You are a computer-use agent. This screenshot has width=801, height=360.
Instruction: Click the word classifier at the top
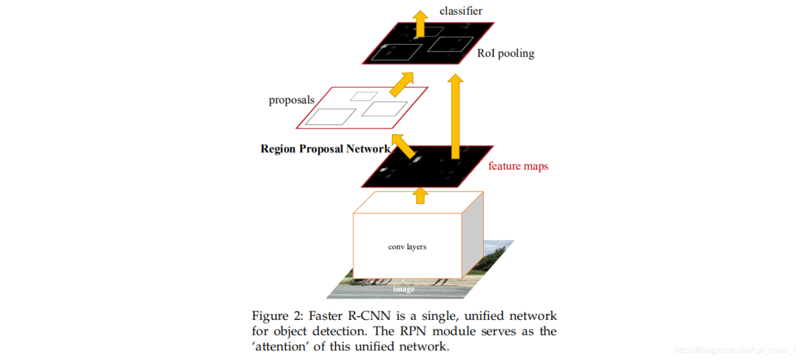461,11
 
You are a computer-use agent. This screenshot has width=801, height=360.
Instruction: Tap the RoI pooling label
506,53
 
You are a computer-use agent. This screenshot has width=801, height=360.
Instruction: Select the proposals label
292,100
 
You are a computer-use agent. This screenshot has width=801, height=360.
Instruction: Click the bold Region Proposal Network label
325,149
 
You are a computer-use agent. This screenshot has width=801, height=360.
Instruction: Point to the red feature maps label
518,166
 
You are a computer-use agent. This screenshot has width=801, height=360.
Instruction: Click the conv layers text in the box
407,247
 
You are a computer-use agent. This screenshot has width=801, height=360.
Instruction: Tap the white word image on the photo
403,289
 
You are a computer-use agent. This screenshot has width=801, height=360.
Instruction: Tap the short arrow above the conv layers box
419,195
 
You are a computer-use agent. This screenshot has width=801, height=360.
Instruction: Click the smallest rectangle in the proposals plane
364,96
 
